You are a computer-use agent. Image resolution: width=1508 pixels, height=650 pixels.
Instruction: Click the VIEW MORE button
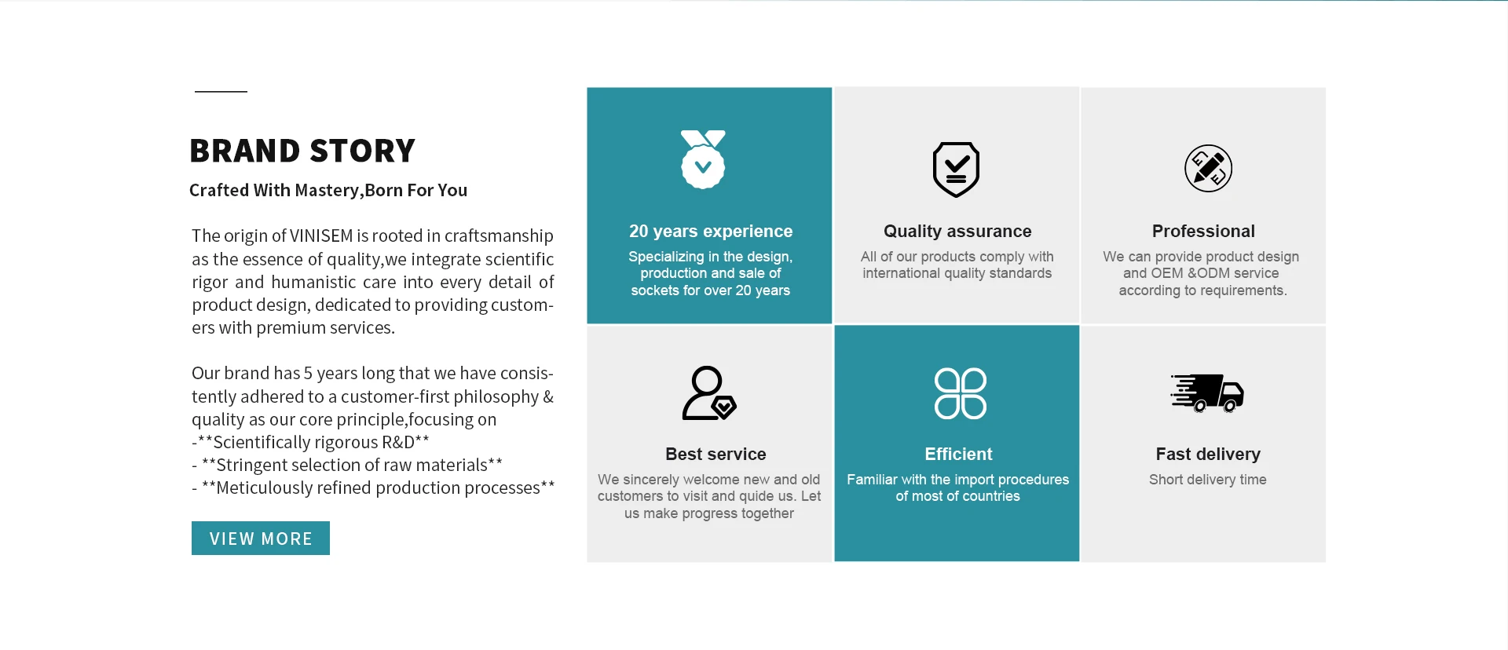click(261, 538)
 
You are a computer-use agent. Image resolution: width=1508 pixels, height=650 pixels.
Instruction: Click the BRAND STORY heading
click(302, 151)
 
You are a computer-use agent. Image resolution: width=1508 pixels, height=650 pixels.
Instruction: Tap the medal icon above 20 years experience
click(703, 159)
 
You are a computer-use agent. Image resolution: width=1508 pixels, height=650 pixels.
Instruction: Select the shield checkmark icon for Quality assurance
click(956, 170)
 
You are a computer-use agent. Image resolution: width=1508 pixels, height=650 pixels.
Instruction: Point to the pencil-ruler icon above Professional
click(1208, 168)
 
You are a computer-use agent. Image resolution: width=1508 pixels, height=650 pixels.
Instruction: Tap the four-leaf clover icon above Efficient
click(960, 393)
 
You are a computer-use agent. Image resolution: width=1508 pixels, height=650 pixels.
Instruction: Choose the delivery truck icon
click(1207, 393)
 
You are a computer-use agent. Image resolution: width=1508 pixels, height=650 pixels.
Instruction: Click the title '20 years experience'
click(711, 232)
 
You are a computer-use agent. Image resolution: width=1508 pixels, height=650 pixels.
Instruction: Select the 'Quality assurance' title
click(957, 232)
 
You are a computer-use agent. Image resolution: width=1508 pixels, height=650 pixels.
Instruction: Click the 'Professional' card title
click(1203, 232)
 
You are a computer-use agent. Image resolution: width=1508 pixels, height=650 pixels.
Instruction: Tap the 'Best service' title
click(716, 455)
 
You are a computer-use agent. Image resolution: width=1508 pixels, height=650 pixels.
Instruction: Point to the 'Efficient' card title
click(958, 455)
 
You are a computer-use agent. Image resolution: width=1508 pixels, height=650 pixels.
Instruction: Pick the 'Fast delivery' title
click(1208, 455)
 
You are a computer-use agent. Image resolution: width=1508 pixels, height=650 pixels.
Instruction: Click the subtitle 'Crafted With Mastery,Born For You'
click(328, 191)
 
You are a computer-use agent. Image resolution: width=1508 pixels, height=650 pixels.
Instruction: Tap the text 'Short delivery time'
click(1208, 480)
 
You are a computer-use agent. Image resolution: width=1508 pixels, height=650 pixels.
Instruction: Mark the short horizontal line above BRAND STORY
click(221, 92)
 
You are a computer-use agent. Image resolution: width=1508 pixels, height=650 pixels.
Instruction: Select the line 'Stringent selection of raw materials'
click(352, 466)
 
